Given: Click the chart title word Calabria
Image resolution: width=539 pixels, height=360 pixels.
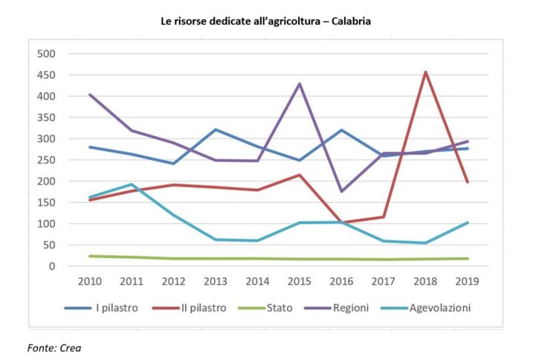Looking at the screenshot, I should coord(350,22).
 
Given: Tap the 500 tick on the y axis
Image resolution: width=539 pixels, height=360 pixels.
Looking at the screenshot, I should coord(47,54).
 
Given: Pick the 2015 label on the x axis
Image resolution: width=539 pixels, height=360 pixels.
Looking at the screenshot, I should coord(300,281).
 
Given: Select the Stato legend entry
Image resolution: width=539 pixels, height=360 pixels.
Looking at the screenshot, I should coord(280,307).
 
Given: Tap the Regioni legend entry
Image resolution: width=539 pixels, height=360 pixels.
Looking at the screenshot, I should coord(351,307).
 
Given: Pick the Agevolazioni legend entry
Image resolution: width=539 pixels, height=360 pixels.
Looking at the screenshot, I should coord(440,307).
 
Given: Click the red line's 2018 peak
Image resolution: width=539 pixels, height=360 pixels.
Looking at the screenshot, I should coord(425,72).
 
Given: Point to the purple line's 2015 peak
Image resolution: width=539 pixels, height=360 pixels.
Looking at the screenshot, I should coord(300,83).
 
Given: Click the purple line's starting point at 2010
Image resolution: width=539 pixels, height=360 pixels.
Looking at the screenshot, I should coord(90,94).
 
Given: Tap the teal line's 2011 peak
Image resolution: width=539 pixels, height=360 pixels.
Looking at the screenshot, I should coord(131,184).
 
